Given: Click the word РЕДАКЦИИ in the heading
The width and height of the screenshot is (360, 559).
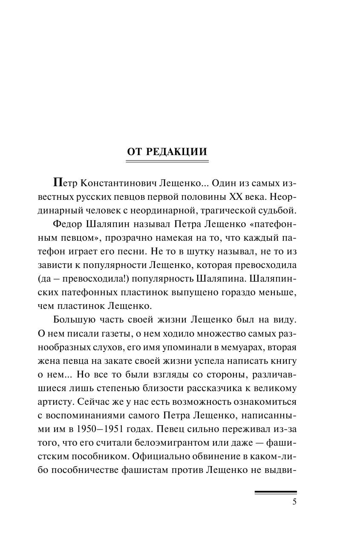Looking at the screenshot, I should click(177, 152).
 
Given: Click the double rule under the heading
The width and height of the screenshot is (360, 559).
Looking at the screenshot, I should click(167, 161).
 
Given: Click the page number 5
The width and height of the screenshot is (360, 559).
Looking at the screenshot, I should click(294, 502).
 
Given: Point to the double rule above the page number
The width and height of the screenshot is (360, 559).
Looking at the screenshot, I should click(275, 492).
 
